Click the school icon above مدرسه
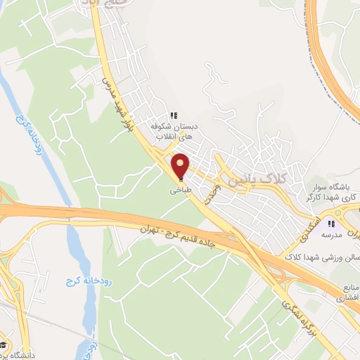point(330,223)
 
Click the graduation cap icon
point(4,345)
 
